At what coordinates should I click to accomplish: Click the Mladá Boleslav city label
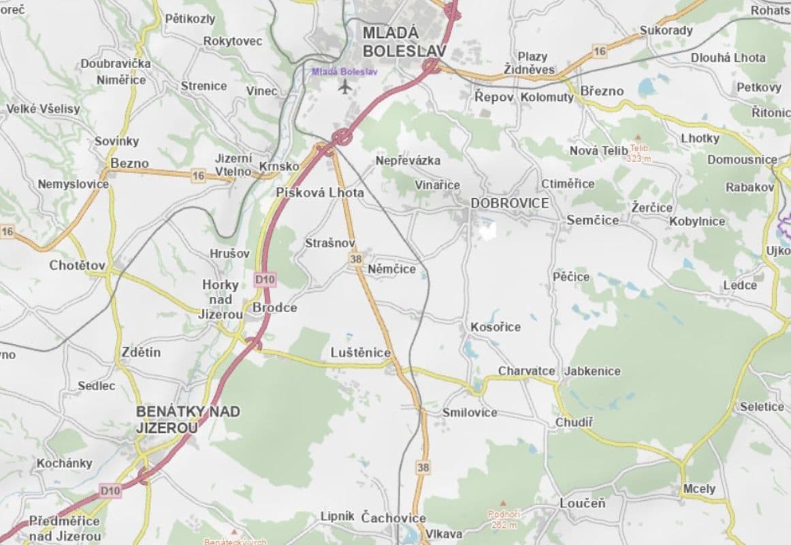coord(404,42)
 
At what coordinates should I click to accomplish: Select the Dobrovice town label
coord(510,203)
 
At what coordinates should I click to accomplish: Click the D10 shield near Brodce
coord(265,279)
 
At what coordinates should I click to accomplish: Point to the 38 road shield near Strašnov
coord(355,259)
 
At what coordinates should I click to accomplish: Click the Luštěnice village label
coord(361,352)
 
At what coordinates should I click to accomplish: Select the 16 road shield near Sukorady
coord(599,51)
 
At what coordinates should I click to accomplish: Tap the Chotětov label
coord(78,265)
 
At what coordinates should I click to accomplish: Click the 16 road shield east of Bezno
coord(197,176)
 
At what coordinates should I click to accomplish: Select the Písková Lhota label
coord(320,193)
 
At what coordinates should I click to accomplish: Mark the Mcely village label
coord(699,488)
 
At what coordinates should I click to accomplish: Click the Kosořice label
coord(496,327)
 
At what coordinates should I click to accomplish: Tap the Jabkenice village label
coord(592,371)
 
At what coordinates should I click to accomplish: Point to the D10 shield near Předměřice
coord(110,490)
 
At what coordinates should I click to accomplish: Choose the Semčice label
coord(593,220)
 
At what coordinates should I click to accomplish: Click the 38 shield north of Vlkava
coord(423,467)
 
